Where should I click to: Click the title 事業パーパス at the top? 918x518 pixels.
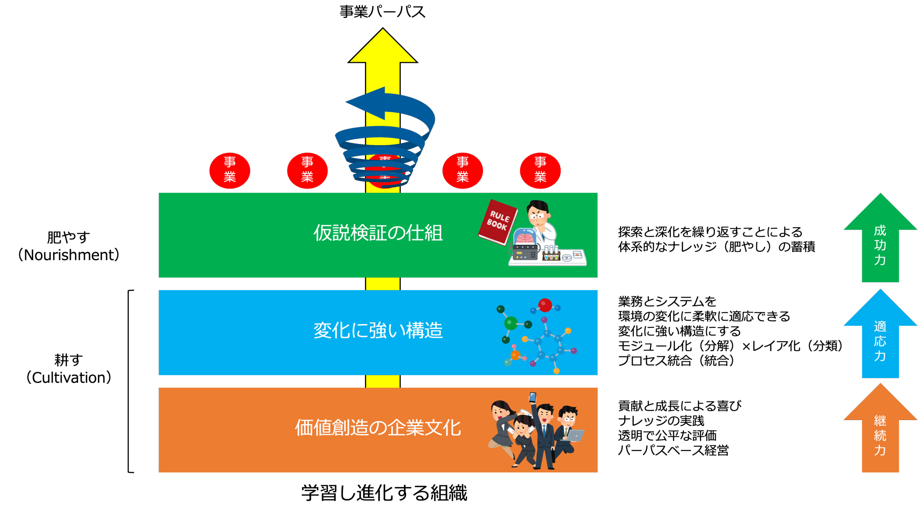point(382,11)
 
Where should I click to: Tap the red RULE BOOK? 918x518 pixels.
point(498,222)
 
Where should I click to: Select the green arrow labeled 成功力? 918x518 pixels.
point(880,238)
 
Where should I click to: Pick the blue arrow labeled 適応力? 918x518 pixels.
point(880,333)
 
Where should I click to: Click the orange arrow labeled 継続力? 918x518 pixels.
point(880,428)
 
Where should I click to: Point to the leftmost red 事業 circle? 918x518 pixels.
point(229,171)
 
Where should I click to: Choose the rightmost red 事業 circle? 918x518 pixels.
point(540,171)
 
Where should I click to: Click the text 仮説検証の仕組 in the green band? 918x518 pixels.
point(378,233)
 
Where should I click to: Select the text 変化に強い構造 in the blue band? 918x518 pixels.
point(378,330)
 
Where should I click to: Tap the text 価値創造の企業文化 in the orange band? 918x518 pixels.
point(378,428)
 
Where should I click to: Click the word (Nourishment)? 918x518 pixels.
point(68,255)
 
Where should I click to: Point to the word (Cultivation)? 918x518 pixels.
point(68,378)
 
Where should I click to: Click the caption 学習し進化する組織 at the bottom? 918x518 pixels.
point(384,493)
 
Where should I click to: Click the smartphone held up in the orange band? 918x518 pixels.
point(533,397)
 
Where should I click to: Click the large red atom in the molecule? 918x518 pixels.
point(545,305)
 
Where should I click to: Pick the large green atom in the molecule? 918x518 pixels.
point(511,323)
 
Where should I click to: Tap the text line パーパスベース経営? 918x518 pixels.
point(673,450)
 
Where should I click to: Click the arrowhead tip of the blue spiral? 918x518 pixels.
point(346,102)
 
